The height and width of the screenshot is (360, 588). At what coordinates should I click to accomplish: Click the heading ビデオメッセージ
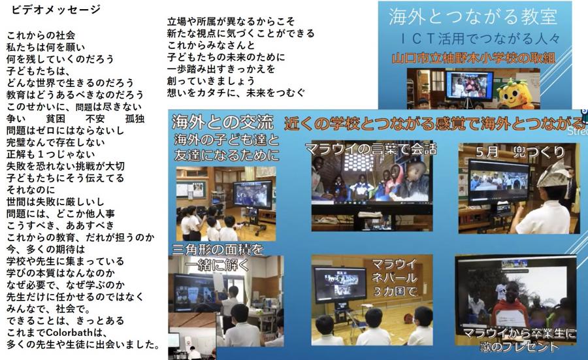pos(56,9)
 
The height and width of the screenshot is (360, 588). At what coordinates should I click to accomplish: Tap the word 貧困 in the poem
pos(56,119)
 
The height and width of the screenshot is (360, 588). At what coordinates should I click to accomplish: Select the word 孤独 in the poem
pos(135,119)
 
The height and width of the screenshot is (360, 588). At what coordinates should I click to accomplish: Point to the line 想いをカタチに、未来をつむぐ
pos(237,93)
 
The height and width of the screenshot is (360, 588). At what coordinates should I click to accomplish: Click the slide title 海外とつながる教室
pos(473,17)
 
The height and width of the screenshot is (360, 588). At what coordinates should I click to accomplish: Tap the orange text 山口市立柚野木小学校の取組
pos(473,59)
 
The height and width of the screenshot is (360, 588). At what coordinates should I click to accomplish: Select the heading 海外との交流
pos(223,122)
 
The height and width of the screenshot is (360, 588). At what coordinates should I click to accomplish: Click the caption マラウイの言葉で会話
pos(371,149)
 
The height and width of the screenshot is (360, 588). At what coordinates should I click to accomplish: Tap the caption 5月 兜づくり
pos(520,152)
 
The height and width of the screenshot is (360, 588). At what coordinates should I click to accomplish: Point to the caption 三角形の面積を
pos(218,250)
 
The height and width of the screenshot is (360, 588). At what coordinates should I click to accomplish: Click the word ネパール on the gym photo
pos(394,278)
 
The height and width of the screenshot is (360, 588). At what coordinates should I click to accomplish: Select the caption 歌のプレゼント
pos(519,346)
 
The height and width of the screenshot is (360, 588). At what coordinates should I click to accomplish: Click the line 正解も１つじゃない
pos(50,154)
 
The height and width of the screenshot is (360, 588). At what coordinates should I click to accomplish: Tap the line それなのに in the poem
pos(31,190)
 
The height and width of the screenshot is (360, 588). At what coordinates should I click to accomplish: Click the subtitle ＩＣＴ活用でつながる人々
pos(480,39)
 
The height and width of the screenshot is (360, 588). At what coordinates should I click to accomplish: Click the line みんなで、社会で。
pos(48,309)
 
